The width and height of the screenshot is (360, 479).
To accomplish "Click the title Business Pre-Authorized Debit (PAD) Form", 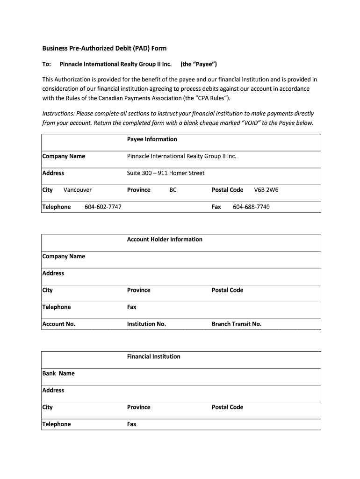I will click(x=104, y=48).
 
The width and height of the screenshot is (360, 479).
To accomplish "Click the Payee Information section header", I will click(x=152, y=139).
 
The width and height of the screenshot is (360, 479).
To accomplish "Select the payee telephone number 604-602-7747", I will click(x=103, y=207).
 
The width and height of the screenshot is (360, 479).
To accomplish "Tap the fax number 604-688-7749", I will click(x=251, y=207).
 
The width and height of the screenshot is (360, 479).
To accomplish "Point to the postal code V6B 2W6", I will click(x=266, y=190).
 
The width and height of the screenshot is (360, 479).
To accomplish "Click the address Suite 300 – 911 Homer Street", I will click(x=166, y=173).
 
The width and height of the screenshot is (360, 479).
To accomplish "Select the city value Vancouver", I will click(x=78, y=190).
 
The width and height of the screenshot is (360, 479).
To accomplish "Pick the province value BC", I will click(x=173, y=190).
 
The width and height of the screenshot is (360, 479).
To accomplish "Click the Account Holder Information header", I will click(x=165, y=239).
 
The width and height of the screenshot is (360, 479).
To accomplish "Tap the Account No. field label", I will click(x=59, y=324).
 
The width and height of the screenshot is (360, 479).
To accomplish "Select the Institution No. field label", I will click(x=146, y=324).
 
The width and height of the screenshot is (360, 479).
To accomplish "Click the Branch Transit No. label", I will click(x=237, y=324).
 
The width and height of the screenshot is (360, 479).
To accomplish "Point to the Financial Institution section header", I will click(x=153, y=356).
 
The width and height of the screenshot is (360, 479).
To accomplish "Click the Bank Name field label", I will click(x=58, y=373).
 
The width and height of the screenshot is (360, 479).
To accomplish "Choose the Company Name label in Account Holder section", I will click(x=64, y=256).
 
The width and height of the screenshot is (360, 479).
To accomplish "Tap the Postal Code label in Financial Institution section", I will click(x=227, y=407).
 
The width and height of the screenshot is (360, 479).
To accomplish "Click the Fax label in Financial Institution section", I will click(x=132, y=424).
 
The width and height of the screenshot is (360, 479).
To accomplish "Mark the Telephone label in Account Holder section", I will click(x=57, y=307).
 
